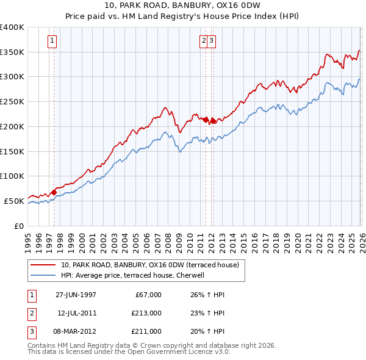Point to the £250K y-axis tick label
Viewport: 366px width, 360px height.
[12, 102]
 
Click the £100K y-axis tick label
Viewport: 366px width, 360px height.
[12, 176]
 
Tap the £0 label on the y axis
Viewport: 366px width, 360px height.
[20, 226]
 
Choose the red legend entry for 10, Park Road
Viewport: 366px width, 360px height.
[152, 265]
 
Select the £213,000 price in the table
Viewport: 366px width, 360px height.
[147, 312]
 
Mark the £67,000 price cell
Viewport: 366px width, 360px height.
[147, 294]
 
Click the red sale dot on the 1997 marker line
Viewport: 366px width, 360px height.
[54, 193]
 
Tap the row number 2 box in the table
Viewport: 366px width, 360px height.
[30, 312]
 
